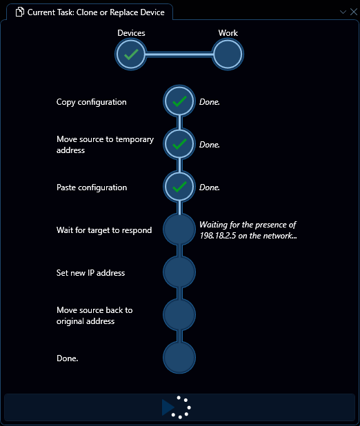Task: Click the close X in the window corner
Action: coord(354,12)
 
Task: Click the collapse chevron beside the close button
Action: coord(343,12)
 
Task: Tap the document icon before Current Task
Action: coord(20,12)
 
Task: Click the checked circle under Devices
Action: coord(131,54)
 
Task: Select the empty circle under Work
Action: coord(228,54)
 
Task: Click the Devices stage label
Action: coord(131,33)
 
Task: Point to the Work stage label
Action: coord(228,33)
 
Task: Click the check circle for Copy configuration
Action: coord(179,101)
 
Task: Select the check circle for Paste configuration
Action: coord(179,187)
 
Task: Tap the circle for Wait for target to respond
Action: coord(179,230)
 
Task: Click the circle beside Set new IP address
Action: coord(179,272)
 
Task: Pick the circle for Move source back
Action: coord(179,314)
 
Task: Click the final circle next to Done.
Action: coord(179,357)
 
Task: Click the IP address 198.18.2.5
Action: coord(217,236)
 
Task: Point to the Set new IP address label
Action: coord(90,273)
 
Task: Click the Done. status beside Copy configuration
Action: coord(210,102)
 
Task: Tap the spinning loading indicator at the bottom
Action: coord(181,407)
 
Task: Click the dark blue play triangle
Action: coord(168,407)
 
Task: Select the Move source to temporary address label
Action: coord(105,145)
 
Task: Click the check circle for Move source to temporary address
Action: coord(179,144)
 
